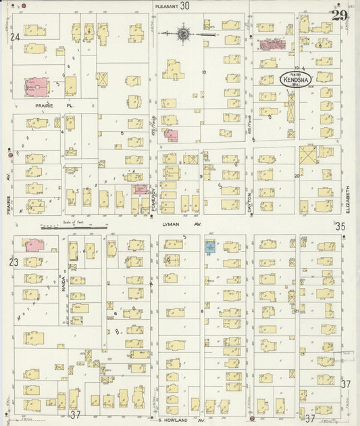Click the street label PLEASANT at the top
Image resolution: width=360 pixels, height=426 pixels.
(x=166, y=5)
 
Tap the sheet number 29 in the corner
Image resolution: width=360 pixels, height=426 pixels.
(x=340, y=15)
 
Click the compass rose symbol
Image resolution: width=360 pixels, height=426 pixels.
(x=184, y=32)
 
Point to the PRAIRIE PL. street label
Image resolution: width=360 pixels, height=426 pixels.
(x=41, y=105)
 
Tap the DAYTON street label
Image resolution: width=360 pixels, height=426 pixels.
(x=249, y=202)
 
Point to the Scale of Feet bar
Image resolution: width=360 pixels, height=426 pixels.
(x=68, y=227)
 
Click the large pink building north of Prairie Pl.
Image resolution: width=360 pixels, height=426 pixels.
(x=37, y=87)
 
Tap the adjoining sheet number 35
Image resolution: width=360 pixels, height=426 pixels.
(x=340, y=227)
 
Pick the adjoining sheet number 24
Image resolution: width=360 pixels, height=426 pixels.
(x=15, y=37)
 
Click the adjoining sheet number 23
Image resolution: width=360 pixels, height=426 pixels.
(x=15, y=262)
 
